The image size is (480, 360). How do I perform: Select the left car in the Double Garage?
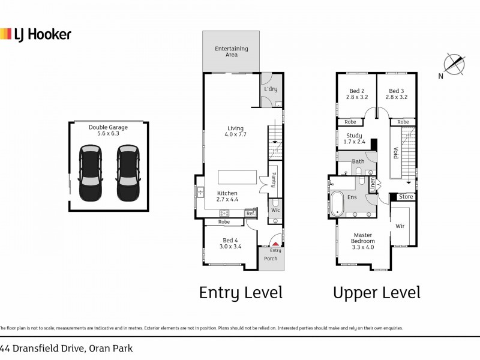pos(91,173)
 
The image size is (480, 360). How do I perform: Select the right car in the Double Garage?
pos(128,173)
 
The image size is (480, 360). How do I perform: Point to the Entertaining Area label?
pos(232,52)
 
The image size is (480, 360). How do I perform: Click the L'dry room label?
pos(271,89)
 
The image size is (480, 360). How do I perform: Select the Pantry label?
pos(273,179)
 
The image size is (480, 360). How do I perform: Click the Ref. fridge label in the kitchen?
pos(250,213)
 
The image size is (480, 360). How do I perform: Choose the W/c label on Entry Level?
pos(275,210)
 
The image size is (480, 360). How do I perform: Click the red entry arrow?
pos(275,244)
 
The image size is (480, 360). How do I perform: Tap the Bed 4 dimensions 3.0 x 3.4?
pos(231,246)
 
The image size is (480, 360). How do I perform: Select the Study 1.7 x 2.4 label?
pos(354,139)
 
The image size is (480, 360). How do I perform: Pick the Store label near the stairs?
pos(406,197)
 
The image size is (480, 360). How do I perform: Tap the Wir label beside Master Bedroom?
pos(401,226)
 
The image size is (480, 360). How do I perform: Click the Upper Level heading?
pos(377,293)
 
